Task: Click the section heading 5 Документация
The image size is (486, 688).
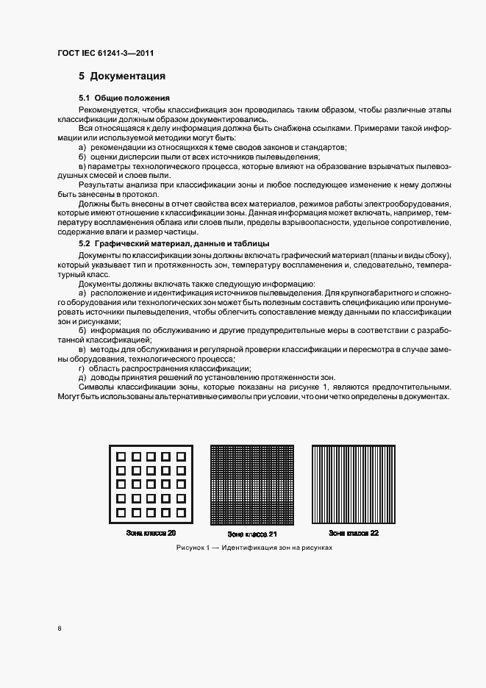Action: click(x=122, y=76)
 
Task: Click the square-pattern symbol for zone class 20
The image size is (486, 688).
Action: click(x=152, y=484)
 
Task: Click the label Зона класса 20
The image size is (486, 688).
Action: click(x=151, y=532)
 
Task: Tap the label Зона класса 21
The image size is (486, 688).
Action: click(x=252, y=534)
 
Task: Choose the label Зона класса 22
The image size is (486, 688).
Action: click(x=354, y=533)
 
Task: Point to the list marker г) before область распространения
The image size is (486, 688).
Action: click(x=82, y=368)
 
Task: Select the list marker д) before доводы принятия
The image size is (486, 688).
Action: click(x=82, y=378)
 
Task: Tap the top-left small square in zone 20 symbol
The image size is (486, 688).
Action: click(x=121, y=456)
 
